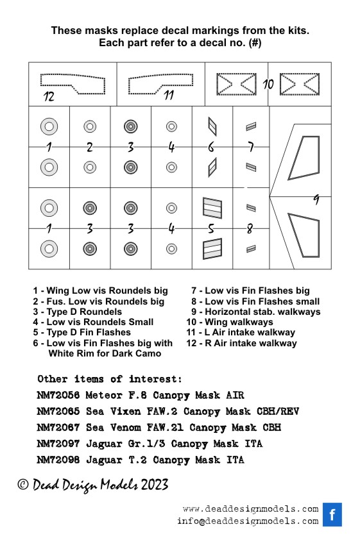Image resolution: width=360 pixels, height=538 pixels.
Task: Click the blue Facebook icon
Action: coord(332,514)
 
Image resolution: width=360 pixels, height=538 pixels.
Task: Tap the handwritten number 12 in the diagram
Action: coord(49,96)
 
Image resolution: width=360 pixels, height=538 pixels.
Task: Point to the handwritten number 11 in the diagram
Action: coord(168,95)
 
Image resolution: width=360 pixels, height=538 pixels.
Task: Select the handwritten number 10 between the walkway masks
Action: coord(268,84)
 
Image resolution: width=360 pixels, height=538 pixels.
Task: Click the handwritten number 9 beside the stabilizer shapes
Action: coord(316,199)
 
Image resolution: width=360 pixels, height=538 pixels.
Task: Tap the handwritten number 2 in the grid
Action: coord(90,147)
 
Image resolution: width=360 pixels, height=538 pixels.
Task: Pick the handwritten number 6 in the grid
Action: coord(211,147)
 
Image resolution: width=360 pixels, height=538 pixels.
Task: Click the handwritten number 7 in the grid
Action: coord(251,147)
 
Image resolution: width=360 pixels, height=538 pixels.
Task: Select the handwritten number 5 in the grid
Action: coord(211,228)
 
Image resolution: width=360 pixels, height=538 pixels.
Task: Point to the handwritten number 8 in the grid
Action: coord(250,228)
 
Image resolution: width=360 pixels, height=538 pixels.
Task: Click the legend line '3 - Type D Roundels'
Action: coord(77,312)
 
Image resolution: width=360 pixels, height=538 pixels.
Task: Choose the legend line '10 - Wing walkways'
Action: coord(230,322)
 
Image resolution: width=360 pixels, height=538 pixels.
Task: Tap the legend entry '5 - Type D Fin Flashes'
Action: coord(81,332)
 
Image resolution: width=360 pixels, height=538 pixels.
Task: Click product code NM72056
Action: coord(58,395)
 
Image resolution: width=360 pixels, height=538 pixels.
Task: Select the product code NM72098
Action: coord(58,460)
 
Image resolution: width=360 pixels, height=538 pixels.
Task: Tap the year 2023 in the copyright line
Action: coord(155,485)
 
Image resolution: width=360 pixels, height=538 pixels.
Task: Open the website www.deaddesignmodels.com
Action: coord(250,509)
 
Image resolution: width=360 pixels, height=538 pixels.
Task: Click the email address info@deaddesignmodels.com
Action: coord(248,521)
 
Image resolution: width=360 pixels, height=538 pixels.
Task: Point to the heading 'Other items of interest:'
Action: coord(110,379)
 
